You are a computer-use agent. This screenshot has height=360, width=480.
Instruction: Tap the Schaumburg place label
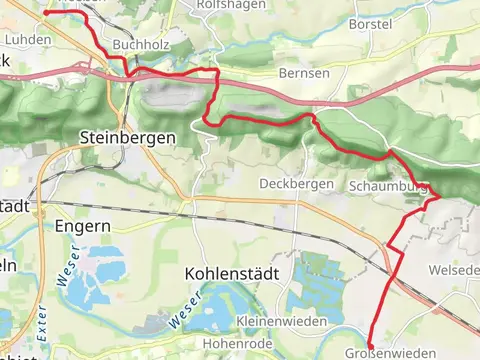click(390, 187)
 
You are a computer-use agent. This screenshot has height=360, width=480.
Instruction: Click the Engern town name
click(83, 226)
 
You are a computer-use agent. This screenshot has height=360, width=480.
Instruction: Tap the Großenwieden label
click(389, 353)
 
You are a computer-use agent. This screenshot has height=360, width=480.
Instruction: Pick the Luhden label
click(28, 39)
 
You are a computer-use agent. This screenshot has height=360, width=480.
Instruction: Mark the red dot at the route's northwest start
click(46, 12)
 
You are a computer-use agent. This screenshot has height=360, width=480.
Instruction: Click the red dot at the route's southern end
click(371, 347)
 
